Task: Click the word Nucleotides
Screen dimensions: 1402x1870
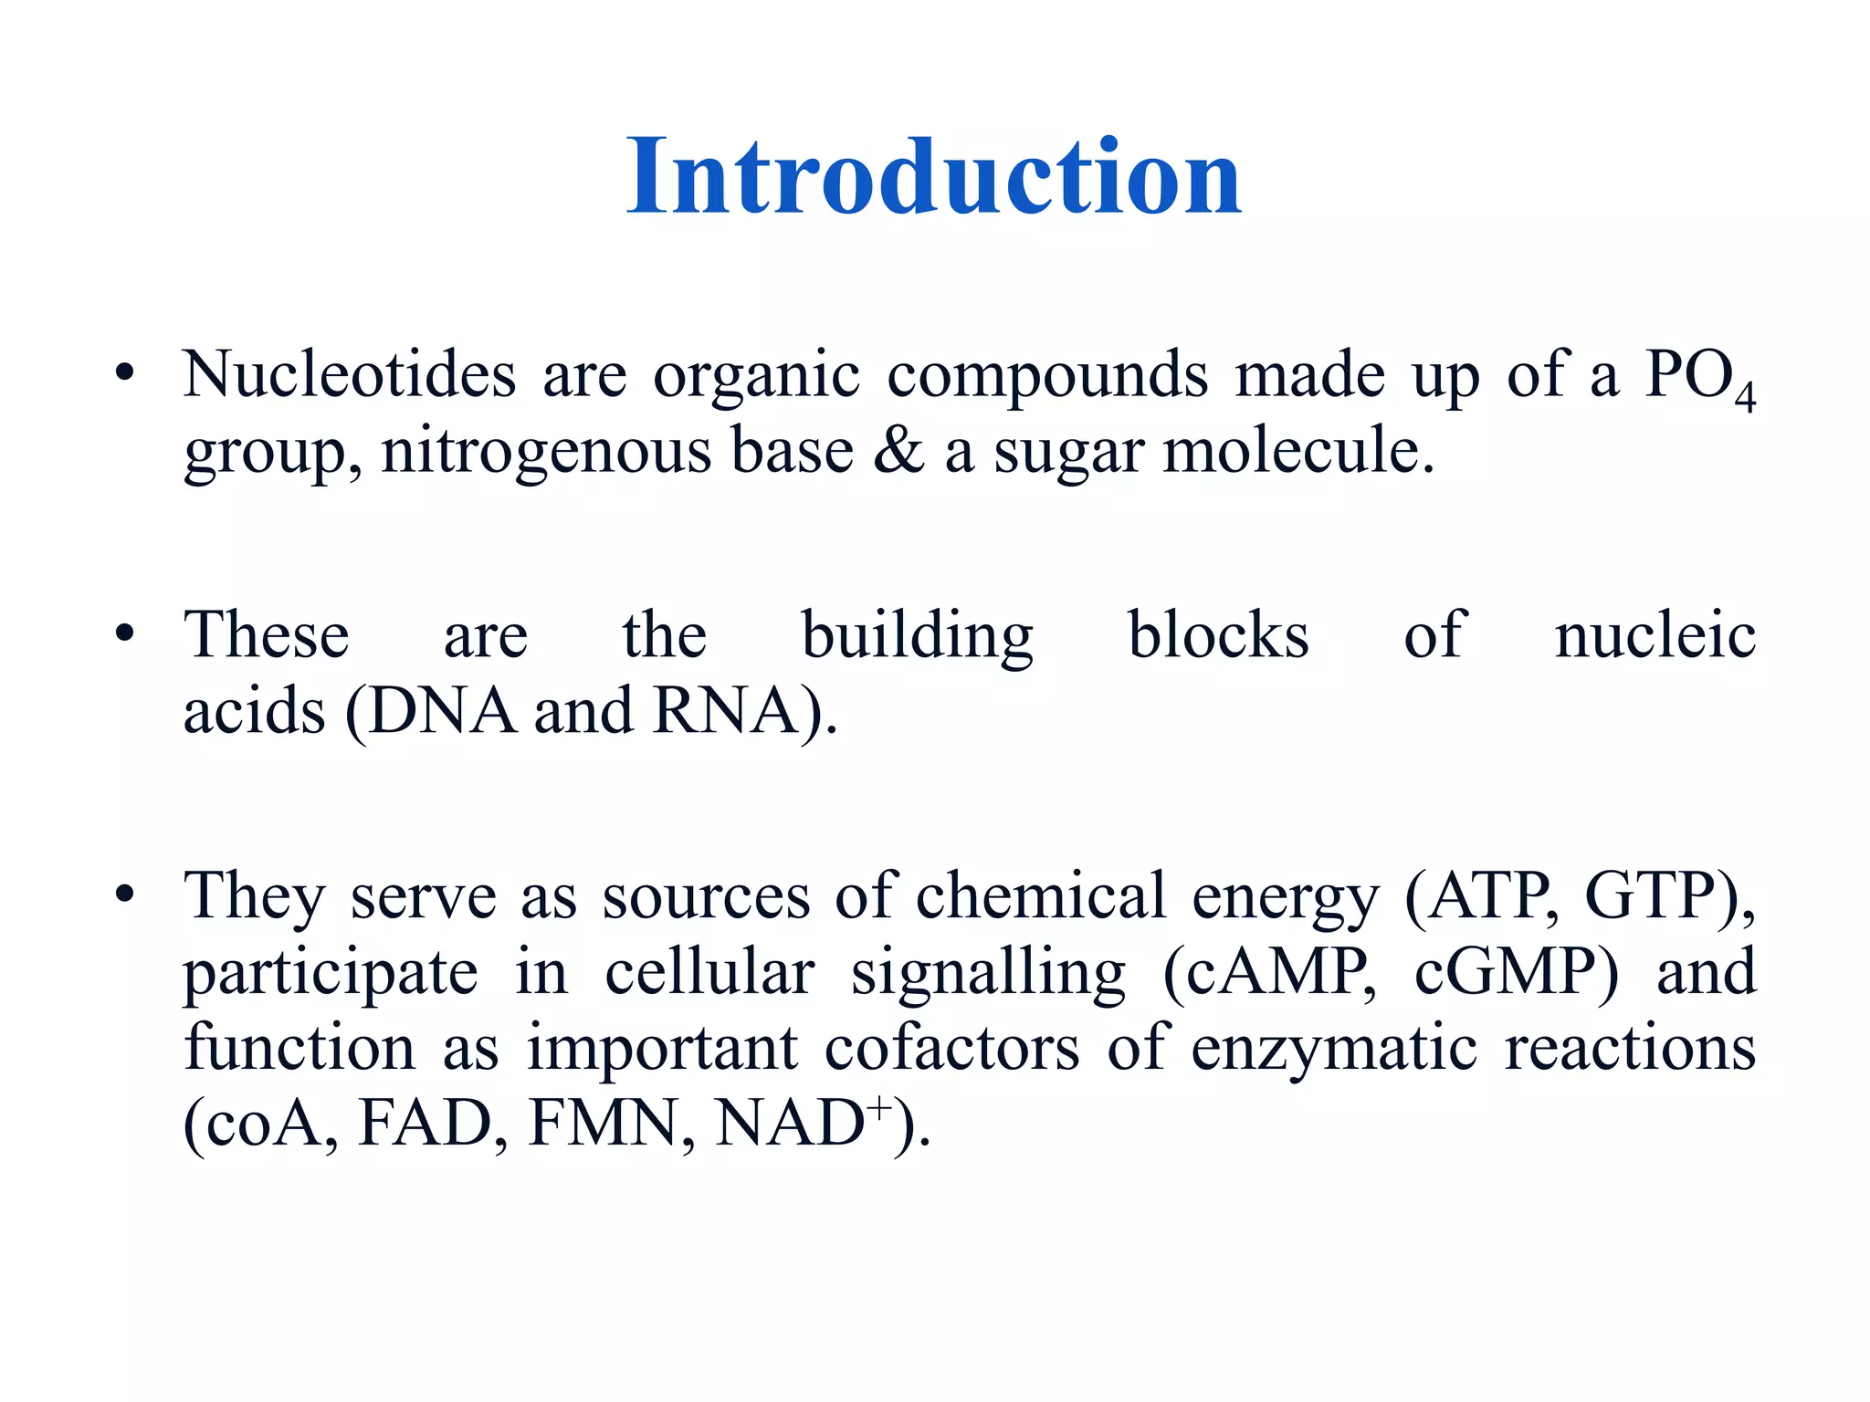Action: coord(350,375)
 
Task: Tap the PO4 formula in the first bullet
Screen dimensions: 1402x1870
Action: coord(1698,378)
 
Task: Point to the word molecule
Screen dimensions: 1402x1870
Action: coord(1297,451)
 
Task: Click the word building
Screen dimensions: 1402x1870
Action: coord(917,636)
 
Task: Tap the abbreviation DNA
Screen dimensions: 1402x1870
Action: coord(442,712)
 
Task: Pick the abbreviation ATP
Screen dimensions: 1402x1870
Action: coord(1490,896)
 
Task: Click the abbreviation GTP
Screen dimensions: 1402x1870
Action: coord(1650,896)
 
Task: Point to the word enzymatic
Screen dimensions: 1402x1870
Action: coord(1334,1050)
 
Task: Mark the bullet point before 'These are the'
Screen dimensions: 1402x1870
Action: coord(125,633)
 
